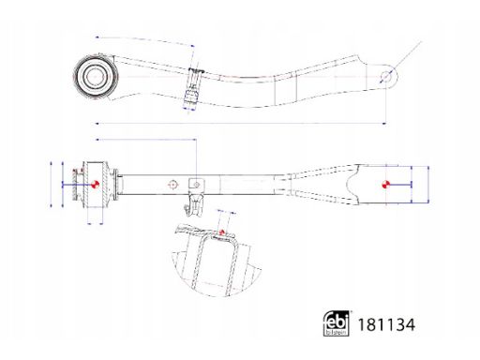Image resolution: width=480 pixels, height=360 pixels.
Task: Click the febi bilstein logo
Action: pos(336,323)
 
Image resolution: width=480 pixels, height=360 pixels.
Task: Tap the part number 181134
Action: pos(386,324)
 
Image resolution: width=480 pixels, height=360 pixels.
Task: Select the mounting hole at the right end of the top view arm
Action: pos(386,76)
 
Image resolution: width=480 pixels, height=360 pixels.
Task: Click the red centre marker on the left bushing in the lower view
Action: pos(95,185)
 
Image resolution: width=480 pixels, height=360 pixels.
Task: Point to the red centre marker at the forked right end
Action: pos(386,185)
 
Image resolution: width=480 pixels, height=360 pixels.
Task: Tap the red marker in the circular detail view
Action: pos(222,232)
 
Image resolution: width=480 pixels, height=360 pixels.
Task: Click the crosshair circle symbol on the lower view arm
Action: pos(172,185)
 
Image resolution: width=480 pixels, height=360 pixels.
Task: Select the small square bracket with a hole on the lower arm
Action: pos(196,185)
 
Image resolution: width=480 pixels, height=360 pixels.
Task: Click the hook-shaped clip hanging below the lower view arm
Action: pos(193,204)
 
